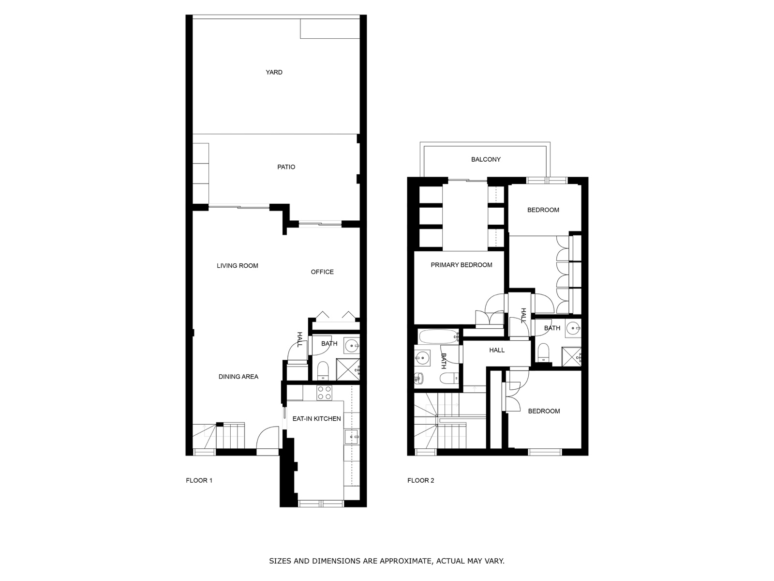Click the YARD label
click(274, 72)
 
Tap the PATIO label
click(286, 167)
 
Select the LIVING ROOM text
click(238, 266)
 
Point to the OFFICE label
click(322, 272)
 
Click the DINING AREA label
click(238, 377)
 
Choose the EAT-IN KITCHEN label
click(317, 419)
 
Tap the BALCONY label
click(486, 159)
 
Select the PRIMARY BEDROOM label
click(461, 265)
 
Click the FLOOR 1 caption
click(199, 480)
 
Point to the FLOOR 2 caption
click(421, 480)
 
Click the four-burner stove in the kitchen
click(324, 393)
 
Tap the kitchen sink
click(352, 437)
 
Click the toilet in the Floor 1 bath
click(323, 371)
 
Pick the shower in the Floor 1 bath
click(348, 369)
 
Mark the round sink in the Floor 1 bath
click(352, 346)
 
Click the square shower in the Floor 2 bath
click(571, 357)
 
